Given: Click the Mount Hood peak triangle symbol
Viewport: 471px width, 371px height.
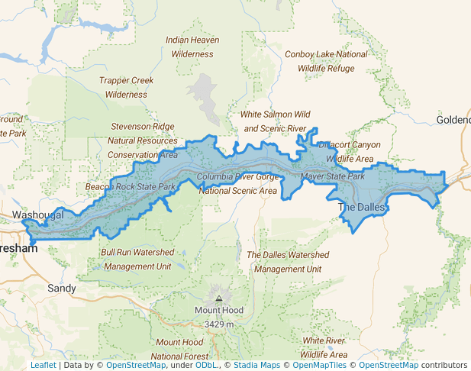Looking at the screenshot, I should tap(219, 298).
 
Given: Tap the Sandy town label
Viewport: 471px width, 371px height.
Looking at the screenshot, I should tap(62, 289).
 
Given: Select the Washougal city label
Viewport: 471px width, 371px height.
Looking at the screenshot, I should tap(38, 216).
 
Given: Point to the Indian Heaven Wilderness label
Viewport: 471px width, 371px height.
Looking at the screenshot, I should tap(192, 47).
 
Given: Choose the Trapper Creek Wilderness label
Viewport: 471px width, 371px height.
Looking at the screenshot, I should tap(127, 88).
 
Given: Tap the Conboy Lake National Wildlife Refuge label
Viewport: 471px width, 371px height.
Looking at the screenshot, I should tap(326, 61).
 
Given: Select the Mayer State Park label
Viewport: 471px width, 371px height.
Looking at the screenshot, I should tap(334, 176).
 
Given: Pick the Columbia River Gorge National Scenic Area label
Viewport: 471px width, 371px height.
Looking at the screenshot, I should tap(237, 184).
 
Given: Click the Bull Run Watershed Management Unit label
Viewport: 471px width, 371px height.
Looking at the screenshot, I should tap(137, 260).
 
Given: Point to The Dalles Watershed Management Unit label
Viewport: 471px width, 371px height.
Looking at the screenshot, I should tap(288, 262).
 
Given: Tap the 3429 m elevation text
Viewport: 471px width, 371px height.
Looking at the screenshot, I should tap(220, 324).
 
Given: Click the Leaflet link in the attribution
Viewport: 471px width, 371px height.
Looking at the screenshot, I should tap(43, 365).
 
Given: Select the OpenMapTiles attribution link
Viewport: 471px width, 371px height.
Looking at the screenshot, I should tap(317, 365).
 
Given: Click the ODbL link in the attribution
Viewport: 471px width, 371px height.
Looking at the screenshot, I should tap(205, 365).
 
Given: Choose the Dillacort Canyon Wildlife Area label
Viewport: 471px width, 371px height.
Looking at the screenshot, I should tap(350, 151).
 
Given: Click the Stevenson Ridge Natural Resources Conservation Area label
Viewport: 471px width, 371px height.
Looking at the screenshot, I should tap(143, 140).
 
